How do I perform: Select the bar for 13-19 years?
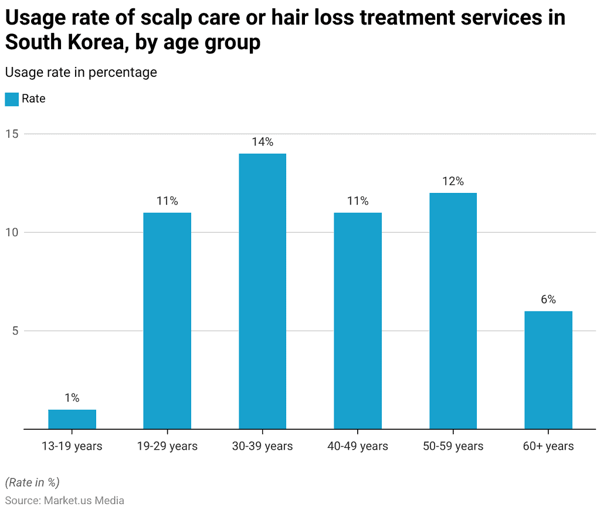tap(72, 419)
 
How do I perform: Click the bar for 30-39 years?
tap(262, 291)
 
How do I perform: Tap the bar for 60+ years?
tap(548, 370)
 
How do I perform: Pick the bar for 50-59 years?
tap(453, 311)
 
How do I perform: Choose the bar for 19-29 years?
tap(167, 321)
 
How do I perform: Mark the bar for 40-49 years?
tap(358, 321)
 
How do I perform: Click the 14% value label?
tap(262, 142)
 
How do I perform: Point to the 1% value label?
tap(72, 398)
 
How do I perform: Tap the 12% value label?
tap(453, 181)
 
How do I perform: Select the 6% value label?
tap(548, 300)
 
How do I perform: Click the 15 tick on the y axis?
tap(12, 134)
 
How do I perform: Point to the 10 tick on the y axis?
tap(12, 232)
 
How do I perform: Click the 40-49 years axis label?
tap(358, 446)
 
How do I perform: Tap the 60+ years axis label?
tap(548, 446)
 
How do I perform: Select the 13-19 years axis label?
tap(72, 446)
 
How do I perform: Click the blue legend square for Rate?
tap(12, 99)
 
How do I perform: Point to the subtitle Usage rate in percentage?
tap(81, 72)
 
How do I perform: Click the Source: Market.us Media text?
tap(65, 500)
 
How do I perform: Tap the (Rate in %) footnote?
tap(32, 483)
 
